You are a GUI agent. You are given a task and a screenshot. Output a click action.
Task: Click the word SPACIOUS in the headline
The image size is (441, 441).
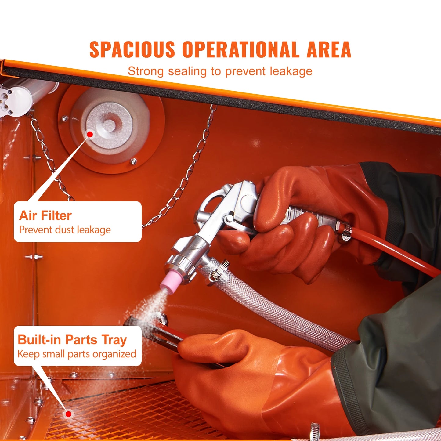click(x=132, y=50)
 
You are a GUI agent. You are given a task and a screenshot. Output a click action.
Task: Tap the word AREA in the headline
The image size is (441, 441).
click(x=329, y=50)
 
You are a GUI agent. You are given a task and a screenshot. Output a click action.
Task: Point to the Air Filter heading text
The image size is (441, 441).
click(x=45, y=215)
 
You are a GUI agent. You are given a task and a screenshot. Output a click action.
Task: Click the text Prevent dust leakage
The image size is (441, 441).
click(x=65, y=230)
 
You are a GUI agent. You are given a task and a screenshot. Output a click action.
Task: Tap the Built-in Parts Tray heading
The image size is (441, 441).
click(x=72, y=340)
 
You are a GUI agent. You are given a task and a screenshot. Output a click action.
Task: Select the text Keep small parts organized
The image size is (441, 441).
click(x=77, y=354)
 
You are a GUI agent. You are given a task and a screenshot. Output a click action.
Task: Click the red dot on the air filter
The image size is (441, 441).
click(x=90, y=134)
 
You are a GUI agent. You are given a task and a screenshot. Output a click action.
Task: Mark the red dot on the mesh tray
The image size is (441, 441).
click(x=69, y=414)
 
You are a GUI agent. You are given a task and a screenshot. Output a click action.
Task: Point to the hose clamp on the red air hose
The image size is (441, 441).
click(x=346, y=232)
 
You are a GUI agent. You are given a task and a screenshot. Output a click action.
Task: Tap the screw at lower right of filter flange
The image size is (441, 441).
click(x=133, y=161)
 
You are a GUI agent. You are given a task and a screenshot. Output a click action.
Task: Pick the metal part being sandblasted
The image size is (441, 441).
click(x=153, y=330)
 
